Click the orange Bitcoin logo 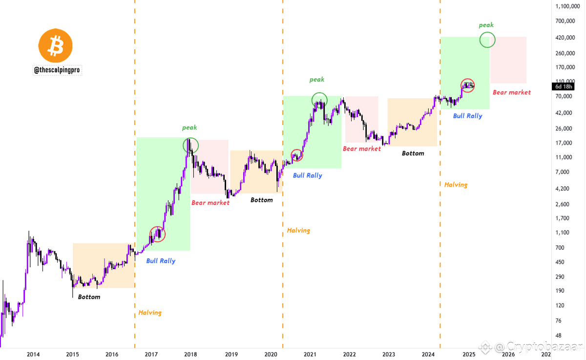pyautogui.click(x=56, y=45)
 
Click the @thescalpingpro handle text pyautogui.click(x=57, y=70)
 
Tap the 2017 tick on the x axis pyautogui.click(x=151, y=354)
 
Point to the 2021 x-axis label pyautogui.click(x=310, y=354)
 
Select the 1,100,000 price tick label pyautogui.click(x=567, y=6)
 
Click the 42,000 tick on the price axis pyautogui.click(x=564, y=113)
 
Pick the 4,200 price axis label pyautogui.click(x=563, y=189)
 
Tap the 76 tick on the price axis pyautogui.click(x=558, y=320)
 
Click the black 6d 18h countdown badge pyautogui.click(x=563, y=86)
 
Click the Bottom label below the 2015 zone pyautogui.click(x=89, y=297)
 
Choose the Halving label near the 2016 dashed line pyautogui.click(x=150, y=313)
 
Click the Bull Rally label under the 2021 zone pyautogui.click(x=307, y=175)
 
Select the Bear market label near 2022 pyautogui.click(x=362, y=149)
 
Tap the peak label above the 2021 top pyautogui.click(x=317, y=80)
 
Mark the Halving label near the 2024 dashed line pyautogui.click(x=456, y=185)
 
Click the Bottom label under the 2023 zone pyautogui.click(x=413, y=153)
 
